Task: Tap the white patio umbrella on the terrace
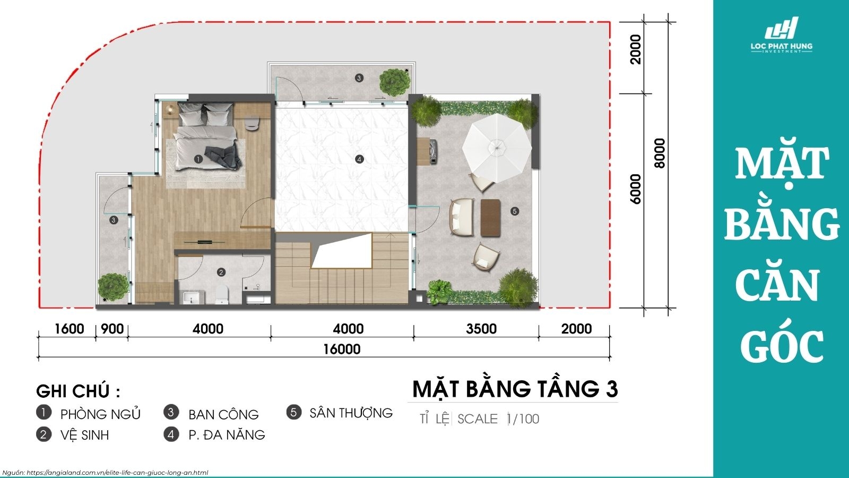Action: click(497, 144)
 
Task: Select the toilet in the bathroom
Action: click(221, 294)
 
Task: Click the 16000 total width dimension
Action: click(342, 349)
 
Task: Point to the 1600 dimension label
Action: click(70, 329)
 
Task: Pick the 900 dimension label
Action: click(112, 329)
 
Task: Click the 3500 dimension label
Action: click(481, 329)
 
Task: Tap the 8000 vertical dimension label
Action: click(660, 153)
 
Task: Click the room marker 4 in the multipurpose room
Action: click(359, 159)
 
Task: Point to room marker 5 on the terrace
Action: click(514, 211)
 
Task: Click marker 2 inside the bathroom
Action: click(221, 272)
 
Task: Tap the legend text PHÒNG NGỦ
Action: click(100, 414)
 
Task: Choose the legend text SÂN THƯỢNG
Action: click(351, 413)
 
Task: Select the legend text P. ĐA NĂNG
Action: click(227, 435)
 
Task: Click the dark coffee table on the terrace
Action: click(491, 217)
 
